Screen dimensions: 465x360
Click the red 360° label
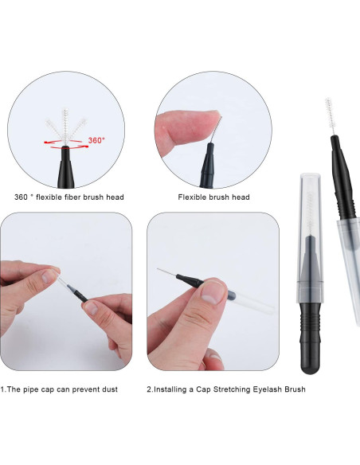(96, 139)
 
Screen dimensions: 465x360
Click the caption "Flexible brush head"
(213, 197)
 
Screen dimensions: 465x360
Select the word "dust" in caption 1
(123, 389)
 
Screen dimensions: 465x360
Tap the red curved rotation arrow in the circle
(65, 144)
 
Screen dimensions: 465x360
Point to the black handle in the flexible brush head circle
(209, 163)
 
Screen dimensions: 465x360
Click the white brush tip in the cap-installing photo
(163, 272)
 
